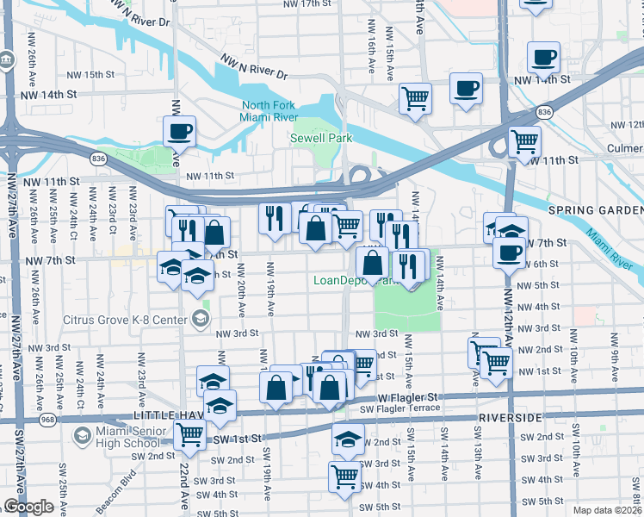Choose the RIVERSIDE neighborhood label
(x=506, y=417)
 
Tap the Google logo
(x=28, y=507)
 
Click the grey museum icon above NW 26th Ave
(x=7, y=62)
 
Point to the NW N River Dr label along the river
(x=254, y=68)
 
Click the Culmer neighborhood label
(x=624, y=148)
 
